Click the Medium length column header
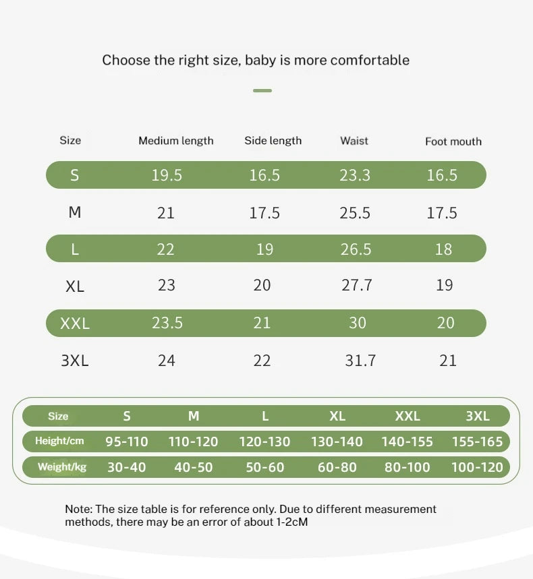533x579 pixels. (176, 141)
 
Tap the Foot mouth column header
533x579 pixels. (453, 142)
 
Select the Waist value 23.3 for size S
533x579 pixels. (355, 175)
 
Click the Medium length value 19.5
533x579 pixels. (167, 175)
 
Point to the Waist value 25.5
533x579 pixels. (355, 213)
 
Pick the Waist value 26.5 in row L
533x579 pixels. (356, 249)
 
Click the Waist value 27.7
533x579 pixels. (357, 285)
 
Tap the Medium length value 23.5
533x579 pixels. (167, 323)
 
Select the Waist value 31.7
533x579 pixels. (360, 361)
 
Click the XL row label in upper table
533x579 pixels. (75, 286)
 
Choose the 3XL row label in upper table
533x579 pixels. (75, 361)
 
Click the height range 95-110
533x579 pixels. (126, 441)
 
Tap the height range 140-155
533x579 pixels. (407, 441)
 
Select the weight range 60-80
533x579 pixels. (337, 468)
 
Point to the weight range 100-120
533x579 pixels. (477, 468)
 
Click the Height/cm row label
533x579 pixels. (59, 441)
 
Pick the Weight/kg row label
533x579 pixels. (62, 467)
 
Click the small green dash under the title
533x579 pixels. (262, 90)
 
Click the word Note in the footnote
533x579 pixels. (78, 509)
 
